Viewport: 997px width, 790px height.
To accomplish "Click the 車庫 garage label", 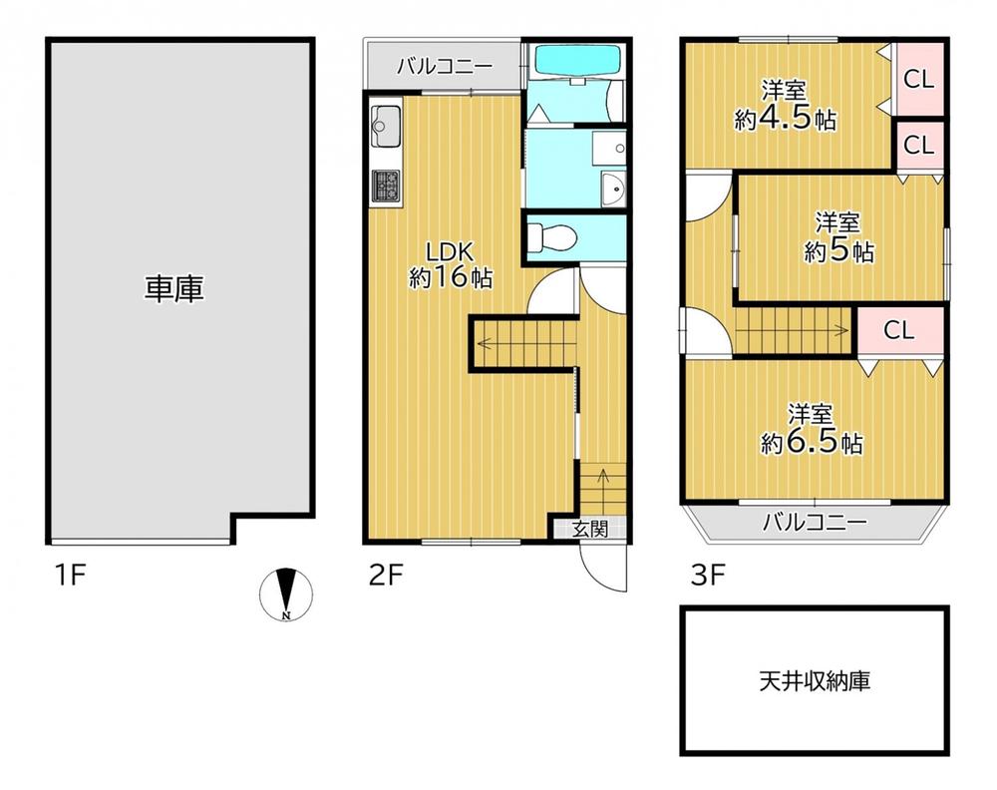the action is (173, 289).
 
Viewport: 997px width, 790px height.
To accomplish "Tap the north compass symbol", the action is (286, 593).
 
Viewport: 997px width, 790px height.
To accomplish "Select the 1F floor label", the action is (70, 576).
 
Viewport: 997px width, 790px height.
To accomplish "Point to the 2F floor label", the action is (387, 576).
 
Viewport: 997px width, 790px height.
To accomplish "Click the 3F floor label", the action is (708, 576).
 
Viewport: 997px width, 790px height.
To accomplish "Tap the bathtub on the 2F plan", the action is (576, 59).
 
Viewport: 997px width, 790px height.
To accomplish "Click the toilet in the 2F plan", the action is (551, 238).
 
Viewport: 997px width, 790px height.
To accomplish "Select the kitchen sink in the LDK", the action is (386, 122).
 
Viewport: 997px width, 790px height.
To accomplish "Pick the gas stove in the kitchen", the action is (386, 186).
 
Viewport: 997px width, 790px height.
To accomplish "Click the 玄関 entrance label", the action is (589, 529).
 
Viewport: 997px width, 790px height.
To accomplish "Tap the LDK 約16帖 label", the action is (451, 265).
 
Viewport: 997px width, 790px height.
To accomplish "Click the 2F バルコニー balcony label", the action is (445, 66).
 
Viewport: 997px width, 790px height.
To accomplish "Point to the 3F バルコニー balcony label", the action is (815, 523).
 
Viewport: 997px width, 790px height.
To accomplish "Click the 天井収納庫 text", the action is (815, 681).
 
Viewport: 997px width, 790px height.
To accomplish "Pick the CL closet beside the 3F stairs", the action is (898, 329).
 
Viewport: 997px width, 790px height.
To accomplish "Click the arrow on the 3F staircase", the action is (793, 331).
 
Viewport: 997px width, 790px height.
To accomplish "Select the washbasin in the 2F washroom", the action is (614, 189).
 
